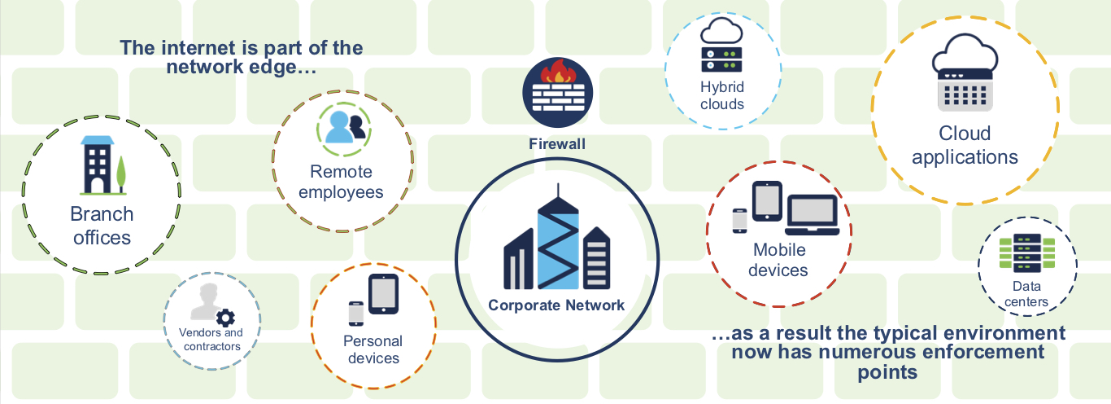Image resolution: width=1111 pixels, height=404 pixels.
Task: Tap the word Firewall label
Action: pyautogui.click(x=557, y=144)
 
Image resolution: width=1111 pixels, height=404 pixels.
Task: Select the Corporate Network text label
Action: pyautogui.click(x=556, y=305)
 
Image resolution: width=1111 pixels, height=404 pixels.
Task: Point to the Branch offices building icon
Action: pyautogui.click(x=97, y=165)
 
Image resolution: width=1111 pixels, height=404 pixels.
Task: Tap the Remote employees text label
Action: pyautogui.click(x=341, y=182)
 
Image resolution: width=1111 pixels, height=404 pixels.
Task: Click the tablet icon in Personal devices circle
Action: pyautogui.click(x=383, y=294)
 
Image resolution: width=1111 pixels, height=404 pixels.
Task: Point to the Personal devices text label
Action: pyautogui.click(x=373, y=349)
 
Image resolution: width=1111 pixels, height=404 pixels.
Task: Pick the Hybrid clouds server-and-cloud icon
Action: pyautogui.click(x=722, y=46)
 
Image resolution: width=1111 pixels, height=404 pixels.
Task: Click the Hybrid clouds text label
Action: pyautogui.click(x=722, y=95)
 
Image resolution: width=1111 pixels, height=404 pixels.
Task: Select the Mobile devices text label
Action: pyautogui.click(x=779, y=260)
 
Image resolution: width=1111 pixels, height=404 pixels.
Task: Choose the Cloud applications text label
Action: pyautogui.click(x=965, y=145)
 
